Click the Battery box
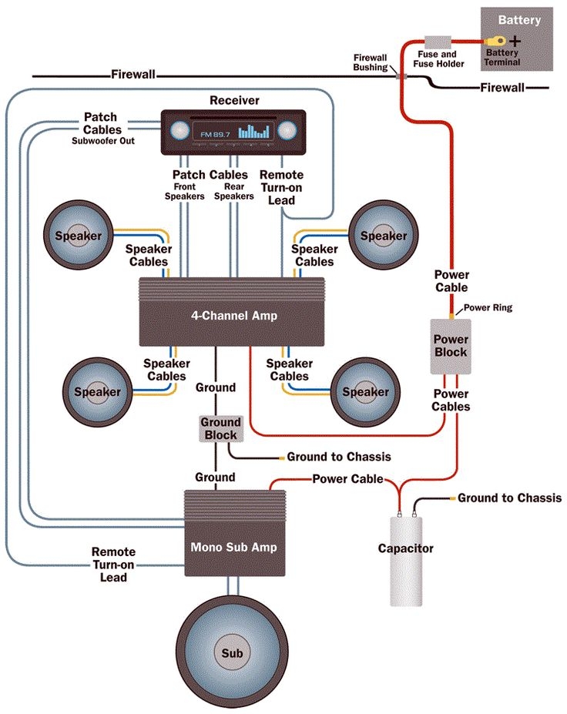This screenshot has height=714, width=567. pyautogui.click(x=517, y=39)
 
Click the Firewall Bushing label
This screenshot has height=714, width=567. pyautogui.click(x=374, y=62)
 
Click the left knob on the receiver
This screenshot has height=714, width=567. pyautogui.click(x=179, y=130)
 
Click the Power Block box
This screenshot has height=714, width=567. pyautogui.click(x=451, y=346)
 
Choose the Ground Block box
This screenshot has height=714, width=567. pyautogui.click(x=220, y=428)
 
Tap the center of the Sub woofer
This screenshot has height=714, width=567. pyautogui.click(x=232, y=653)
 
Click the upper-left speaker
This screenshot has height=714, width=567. pyautogui.click(x=78, y=236)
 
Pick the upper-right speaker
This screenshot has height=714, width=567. pyautogui.click(x=383, y=236)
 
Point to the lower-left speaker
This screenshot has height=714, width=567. pyautogui.click(x=97, y=391)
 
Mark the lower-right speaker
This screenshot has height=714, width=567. pyautogui.click(x=365, y=391)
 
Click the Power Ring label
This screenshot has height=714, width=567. pyautogui.click(x=488, y=308)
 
